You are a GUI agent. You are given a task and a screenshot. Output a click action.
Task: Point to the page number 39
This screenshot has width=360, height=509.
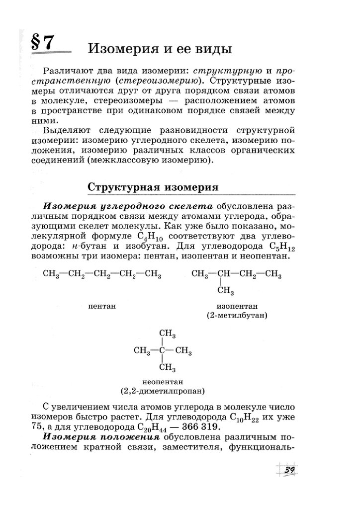(x=290, y=471)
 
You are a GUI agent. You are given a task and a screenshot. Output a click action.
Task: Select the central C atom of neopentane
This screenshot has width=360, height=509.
(x=163, y=351)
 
